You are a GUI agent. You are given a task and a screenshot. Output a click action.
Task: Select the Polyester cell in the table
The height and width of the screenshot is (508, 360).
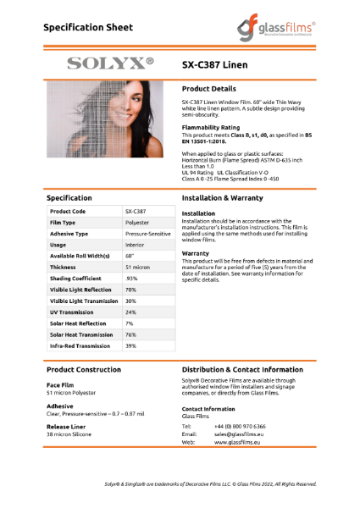tap(137, 223)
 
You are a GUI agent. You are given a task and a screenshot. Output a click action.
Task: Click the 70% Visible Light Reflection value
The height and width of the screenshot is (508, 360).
tap(131, 290)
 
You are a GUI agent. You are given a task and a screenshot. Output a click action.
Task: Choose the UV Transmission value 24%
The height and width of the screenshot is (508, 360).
tap(131, 312)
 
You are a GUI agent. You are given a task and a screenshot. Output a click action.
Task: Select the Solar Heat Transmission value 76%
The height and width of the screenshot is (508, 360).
tap(131, 334)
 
